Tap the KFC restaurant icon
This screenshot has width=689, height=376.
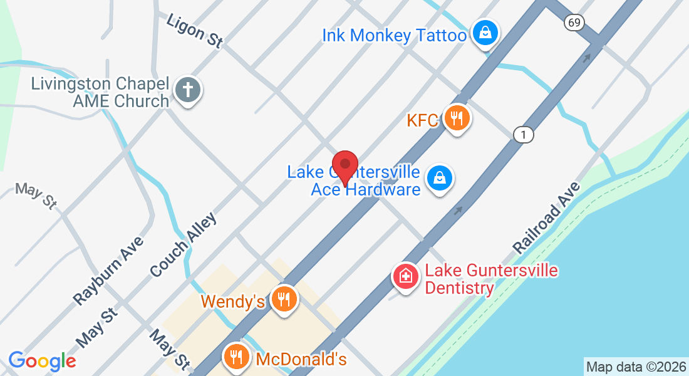[x=457, y=118]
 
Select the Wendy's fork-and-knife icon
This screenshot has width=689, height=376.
[x=284, y=300]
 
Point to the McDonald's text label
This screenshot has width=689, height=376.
[x=301, y=359]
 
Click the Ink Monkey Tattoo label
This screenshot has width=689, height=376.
[x=394, y=35]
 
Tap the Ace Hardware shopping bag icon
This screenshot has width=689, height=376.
[x=440, y=179]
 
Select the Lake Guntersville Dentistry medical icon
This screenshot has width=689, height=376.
[x=405, y=277]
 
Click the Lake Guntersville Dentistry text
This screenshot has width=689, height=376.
[x=491, y=279]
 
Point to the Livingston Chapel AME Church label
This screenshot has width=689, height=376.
[x=100, y=92]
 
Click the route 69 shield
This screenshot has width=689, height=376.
[x=574, y=23]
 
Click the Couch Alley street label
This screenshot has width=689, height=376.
[x=183, y=245]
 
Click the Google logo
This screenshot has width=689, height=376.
[x=42, y=361]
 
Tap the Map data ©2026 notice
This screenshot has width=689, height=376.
[x=636, y=367]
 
